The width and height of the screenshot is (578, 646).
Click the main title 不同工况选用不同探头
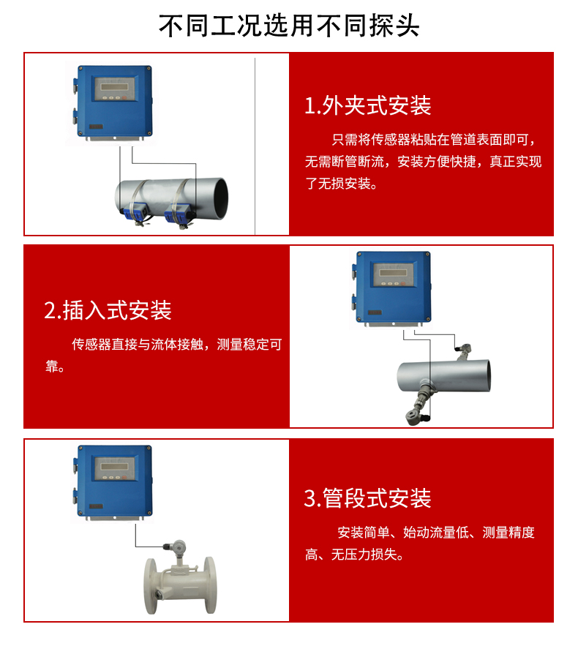(x=289, y=26)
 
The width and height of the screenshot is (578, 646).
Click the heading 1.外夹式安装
(x=368, y=106)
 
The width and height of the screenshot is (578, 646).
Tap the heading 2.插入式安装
(x=108, y=310)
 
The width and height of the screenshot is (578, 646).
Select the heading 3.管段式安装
(x=368, y=499)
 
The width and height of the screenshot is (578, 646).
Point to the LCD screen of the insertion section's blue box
(x=391, y=274)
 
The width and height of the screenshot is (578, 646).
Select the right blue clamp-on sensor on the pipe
(x=179, y=214)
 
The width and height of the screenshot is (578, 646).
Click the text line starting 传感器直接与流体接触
(x=176, y=345)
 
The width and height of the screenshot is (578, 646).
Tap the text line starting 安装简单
(x=435, y=533)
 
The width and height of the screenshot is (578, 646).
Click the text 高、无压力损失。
(x=353, y=555)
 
